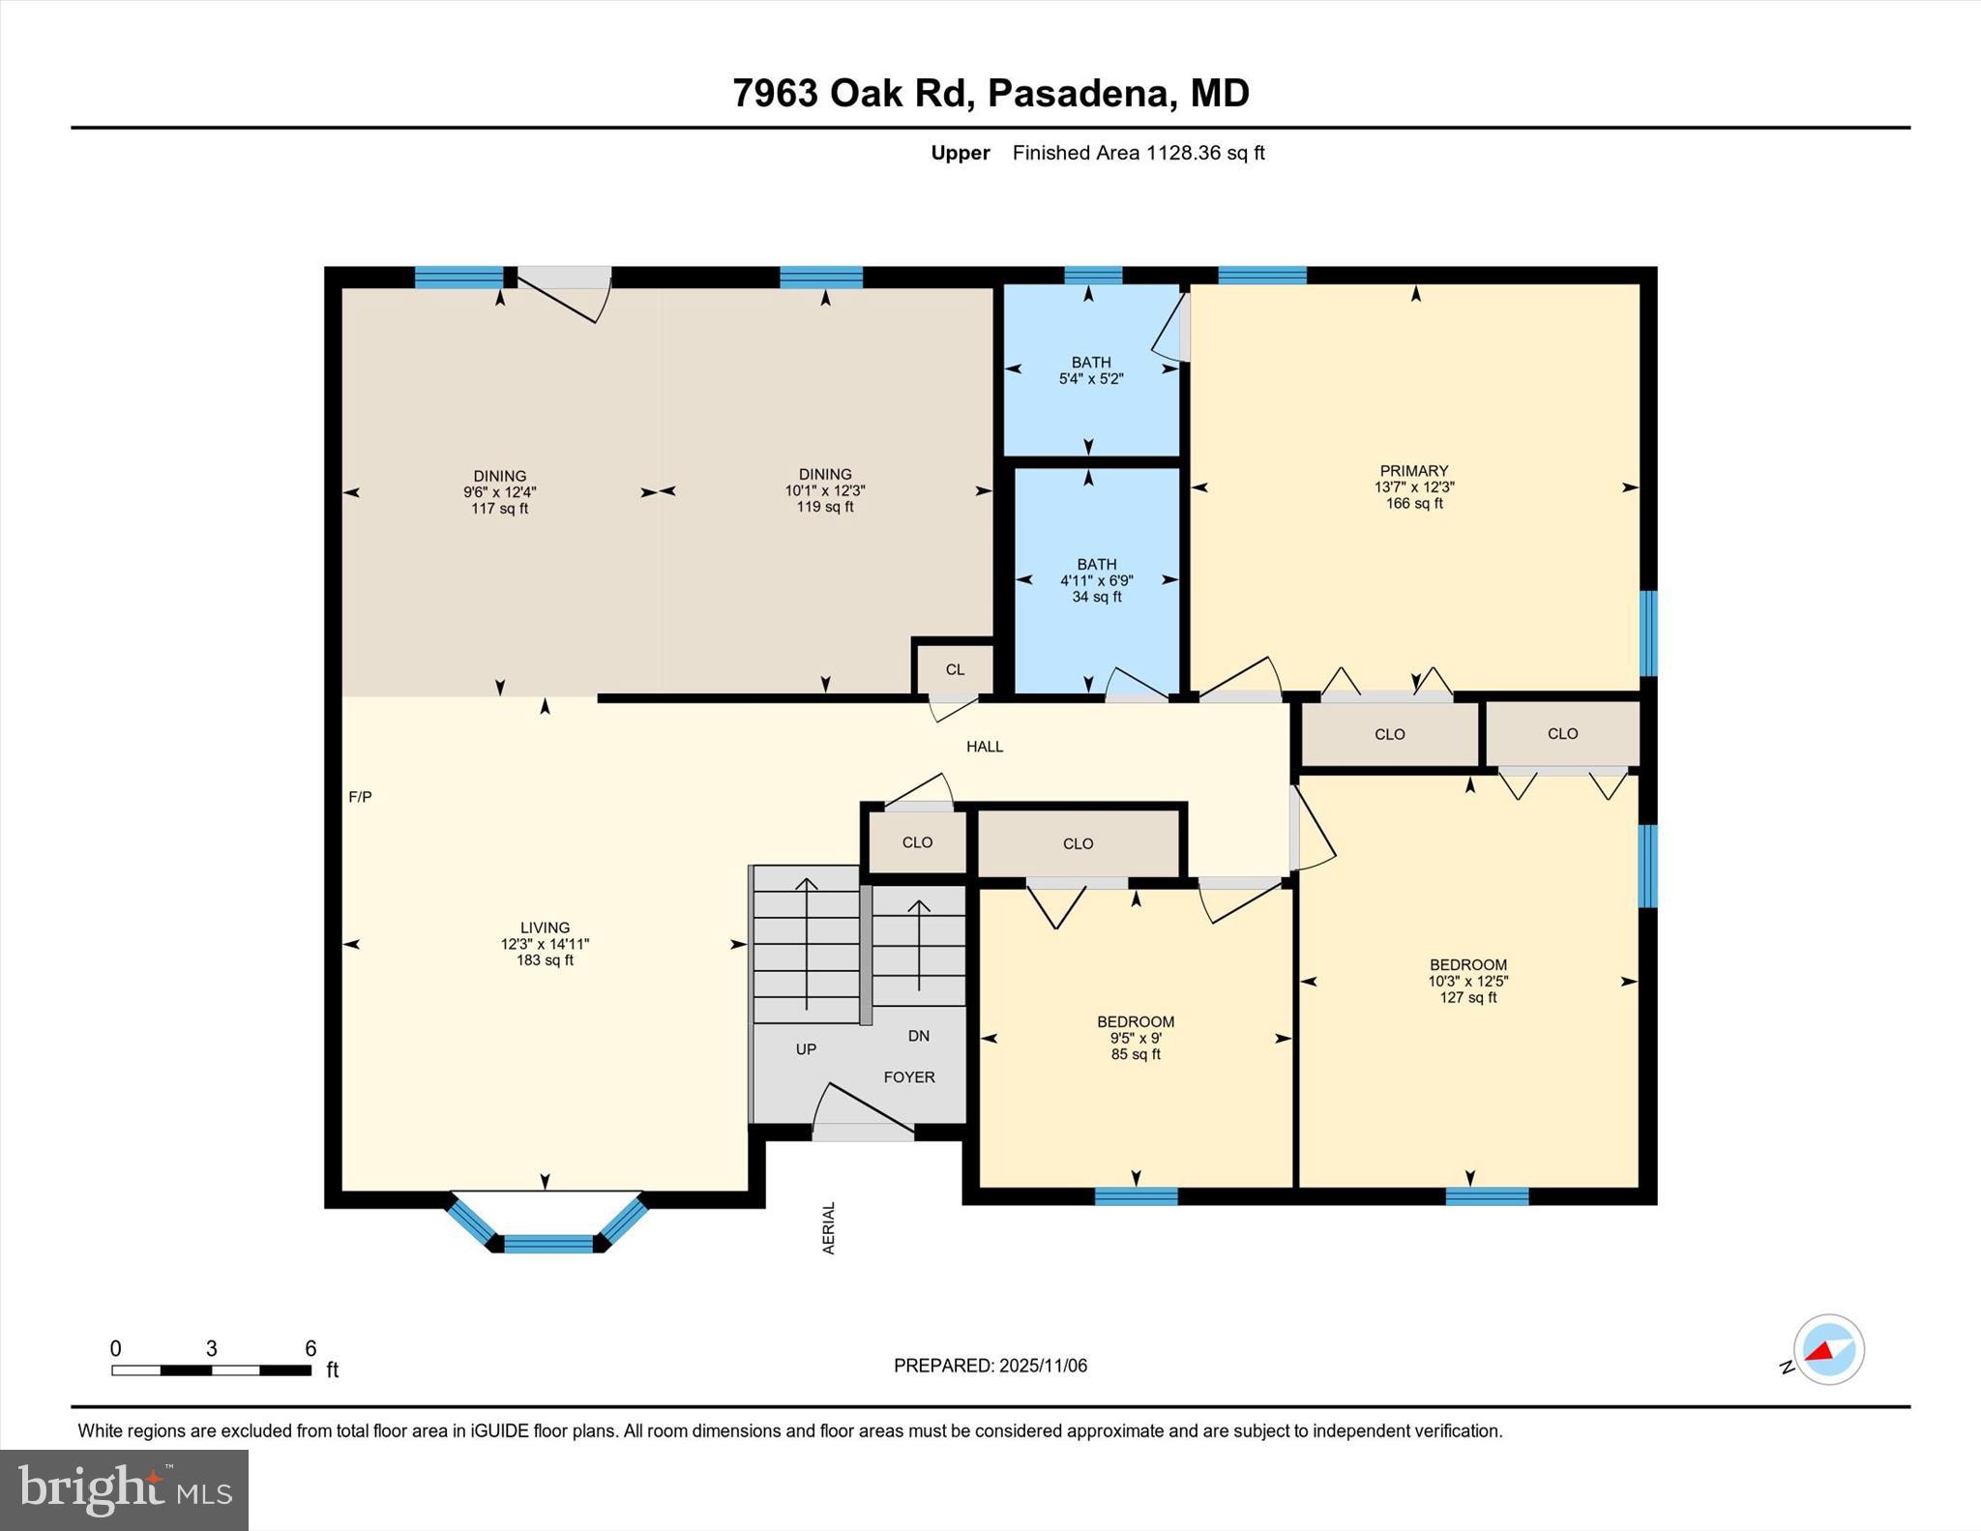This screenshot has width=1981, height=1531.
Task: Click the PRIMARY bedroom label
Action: (x=1413, y=471)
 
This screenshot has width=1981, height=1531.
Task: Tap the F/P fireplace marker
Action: (x=360, y=797)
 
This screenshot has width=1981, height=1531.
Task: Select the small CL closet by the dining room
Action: (x=955, y=669)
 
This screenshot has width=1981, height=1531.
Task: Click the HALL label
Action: (x=985, y=747)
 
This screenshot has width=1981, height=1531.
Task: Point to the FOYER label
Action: (x=908, y=1076)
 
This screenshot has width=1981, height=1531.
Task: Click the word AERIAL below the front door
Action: (x=829, y=1228)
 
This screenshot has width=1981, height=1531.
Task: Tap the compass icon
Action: (x=1828, y=1349)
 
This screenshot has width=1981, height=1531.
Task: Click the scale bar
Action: (x=211, y=1369)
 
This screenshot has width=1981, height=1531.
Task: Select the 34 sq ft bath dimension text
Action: (x=1096, y=597)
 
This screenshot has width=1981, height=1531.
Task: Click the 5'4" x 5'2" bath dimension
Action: (x=1090, y=379)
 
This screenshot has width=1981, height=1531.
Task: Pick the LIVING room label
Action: (x=545, y=927)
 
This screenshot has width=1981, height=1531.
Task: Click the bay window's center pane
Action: (x=548, y=1244)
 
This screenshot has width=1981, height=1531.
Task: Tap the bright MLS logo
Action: (x=124, y=1489)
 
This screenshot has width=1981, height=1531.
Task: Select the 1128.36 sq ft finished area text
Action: (x=1205, y=153)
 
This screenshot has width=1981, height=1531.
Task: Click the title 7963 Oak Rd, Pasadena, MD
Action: (x=990, y=93)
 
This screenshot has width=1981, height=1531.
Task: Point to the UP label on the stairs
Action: (x=806, y=1049)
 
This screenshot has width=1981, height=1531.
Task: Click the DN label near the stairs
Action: (x=918, y=1036)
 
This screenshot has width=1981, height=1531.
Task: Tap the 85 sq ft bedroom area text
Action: (x=1136, y=1054)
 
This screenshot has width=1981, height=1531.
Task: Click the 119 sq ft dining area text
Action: (x=825, y=507)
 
